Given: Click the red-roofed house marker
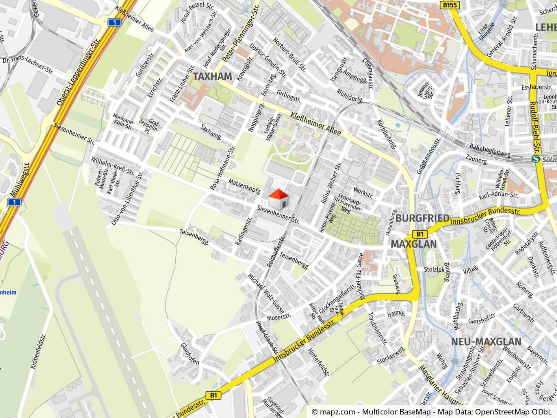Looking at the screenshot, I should tap(278, 199).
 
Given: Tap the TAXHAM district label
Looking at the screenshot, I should tap(212, 77).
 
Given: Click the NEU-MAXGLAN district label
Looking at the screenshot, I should tap(486, 341).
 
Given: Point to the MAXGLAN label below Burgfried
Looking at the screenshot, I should tap(413, 244).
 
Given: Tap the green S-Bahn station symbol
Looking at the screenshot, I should tap(535, 159).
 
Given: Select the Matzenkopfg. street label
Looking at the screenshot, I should tap(244, 186).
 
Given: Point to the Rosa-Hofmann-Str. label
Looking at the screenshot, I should tap(223, 168).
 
